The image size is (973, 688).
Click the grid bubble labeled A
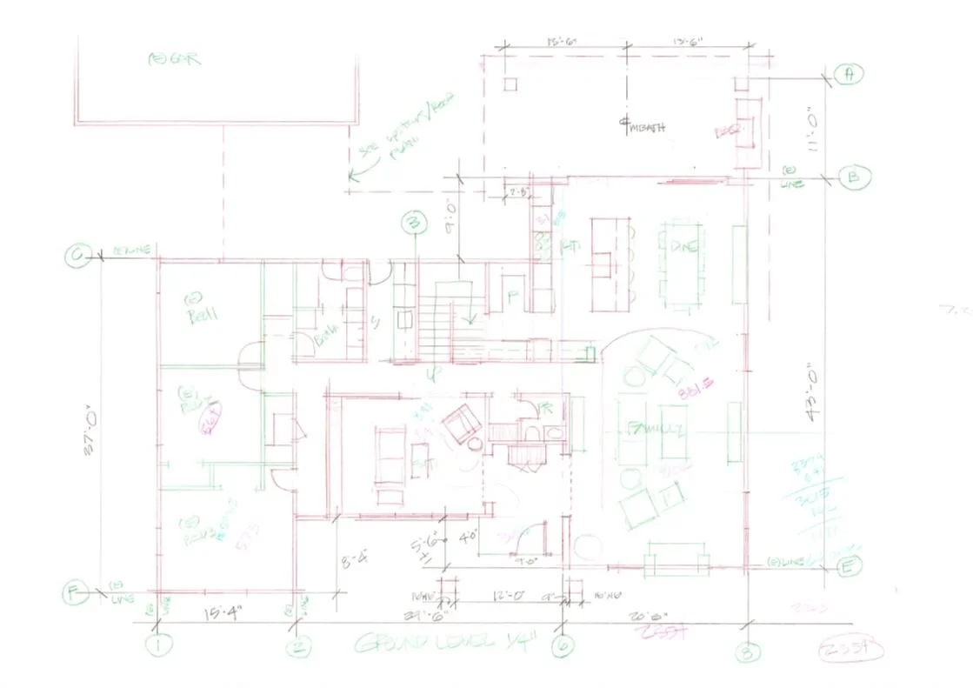click(x=848, y=75)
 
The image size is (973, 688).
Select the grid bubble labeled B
click(x=851, y=178)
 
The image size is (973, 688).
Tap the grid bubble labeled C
click(x=77, y=255)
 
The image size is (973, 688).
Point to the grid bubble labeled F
click(x=75, y=593)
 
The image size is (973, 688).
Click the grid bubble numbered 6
click(x=563, y=645)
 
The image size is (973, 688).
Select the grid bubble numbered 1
click(x=159, y=645)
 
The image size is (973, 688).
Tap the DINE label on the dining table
click(x=684, y=247)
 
